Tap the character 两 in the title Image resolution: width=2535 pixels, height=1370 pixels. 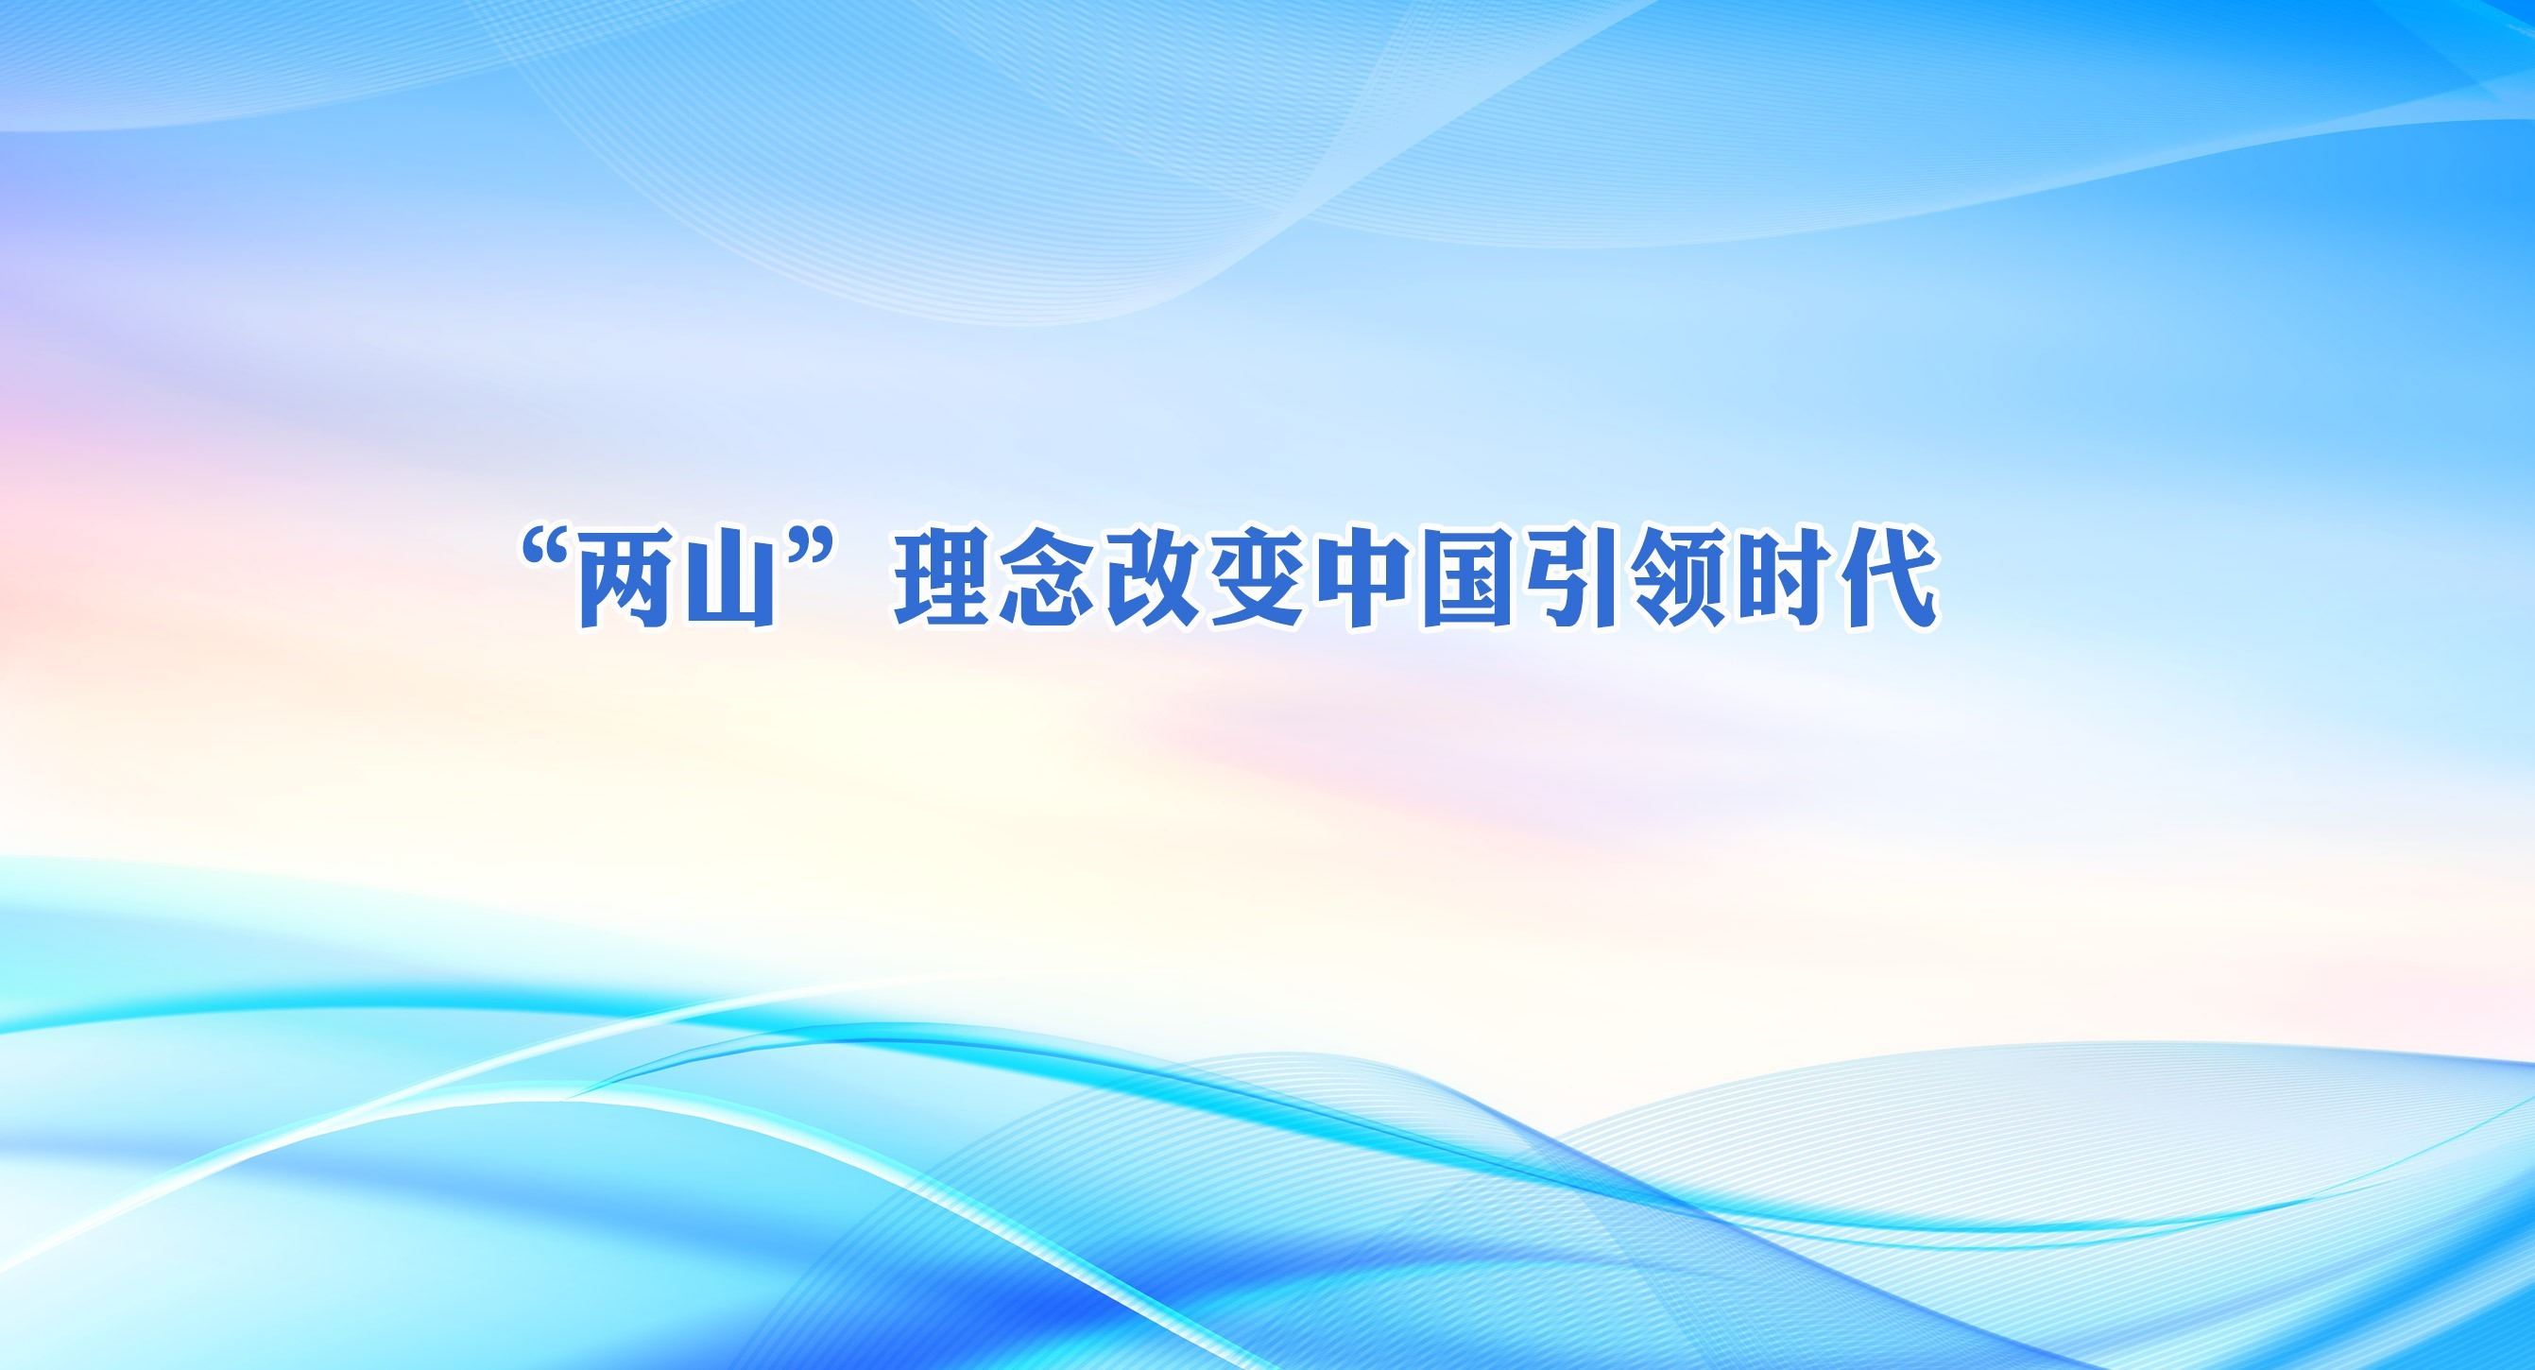coord(625,580)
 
